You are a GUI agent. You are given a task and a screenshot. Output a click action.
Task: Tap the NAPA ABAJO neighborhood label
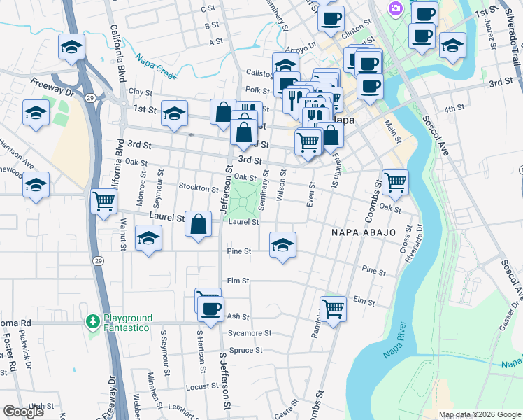(359, 232)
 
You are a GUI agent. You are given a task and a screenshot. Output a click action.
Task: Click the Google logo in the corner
(23, 412)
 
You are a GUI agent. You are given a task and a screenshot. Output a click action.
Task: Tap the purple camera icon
(396, 8)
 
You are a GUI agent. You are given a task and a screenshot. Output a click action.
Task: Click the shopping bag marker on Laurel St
(199, 225)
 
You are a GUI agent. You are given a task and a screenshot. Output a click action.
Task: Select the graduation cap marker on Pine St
(282, 245)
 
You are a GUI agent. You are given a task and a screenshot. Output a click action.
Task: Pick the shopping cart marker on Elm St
(333, 307)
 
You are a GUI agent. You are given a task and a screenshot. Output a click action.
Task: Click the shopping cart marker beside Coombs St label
(395, 182)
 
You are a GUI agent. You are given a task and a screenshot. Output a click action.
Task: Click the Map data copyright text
(479, 414)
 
